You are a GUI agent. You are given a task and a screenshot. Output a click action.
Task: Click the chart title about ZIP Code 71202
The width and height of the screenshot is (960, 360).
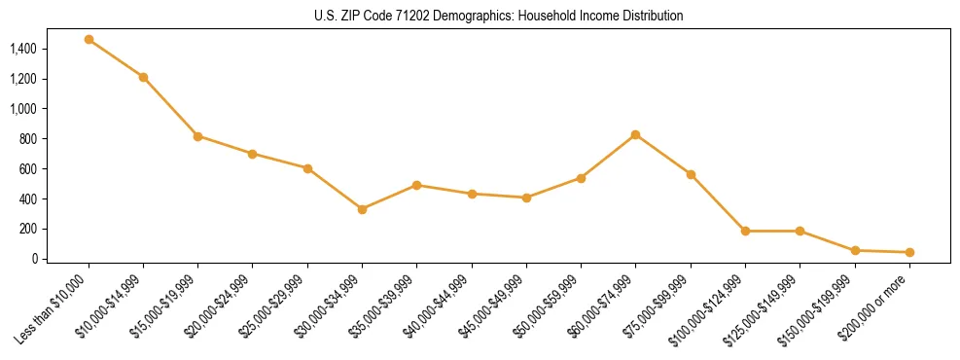[499, 17]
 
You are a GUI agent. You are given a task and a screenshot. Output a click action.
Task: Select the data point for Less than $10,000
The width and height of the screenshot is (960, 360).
[89, 40]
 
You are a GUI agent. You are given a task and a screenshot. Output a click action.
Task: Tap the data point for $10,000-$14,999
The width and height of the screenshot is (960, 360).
[143, 77]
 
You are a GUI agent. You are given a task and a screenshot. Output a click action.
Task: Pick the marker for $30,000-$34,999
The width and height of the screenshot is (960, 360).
[362, 209]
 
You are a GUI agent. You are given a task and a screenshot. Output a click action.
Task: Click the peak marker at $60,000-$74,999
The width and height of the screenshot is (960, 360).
[635, 134]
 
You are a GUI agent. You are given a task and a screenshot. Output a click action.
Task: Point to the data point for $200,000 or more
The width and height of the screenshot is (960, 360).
[909, 252]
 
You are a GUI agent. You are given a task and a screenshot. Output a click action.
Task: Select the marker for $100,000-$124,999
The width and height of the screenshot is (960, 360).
[745, 232]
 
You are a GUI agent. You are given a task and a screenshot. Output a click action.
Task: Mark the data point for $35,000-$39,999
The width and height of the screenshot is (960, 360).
[416, 185]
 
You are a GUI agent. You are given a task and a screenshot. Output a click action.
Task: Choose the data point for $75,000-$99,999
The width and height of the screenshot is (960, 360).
[691, 174]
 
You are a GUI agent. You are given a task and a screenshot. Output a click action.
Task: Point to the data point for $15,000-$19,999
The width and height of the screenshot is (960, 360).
[197, 136]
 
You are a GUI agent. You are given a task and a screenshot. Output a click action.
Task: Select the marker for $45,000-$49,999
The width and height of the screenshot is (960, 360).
[526, 198]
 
